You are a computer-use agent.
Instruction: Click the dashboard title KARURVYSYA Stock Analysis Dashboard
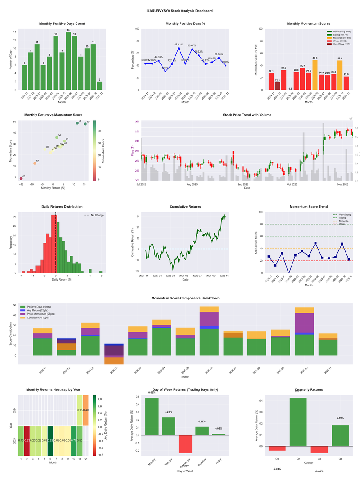tap(180, 11)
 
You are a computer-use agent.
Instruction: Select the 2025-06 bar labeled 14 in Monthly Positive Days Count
tap(68, 61)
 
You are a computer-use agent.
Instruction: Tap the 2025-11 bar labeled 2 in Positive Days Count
tap(99, 86)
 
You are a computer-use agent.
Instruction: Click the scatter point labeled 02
tap(21, 179)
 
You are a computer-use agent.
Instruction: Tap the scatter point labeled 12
tap(35, 163)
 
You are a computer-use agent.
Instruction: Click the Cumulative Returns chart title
tap(185, 207)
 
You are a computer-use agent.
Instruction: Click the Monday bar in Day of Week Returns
tap(152, 417)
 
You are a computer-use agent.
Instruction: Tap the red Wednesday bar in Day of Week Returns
tap(185, 444)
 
